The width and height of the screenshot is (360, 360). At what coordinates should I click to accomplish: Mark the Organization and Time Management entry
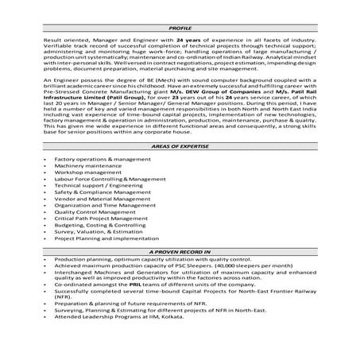[101, 206]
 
